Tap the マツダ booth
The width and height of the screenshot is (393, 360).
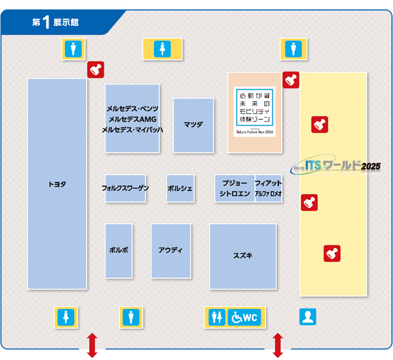tap(193, 125)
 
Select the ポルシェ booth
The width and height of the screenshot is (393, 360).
tap(180, 188)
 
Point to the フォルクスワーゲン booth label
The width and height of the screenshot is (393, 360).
tap(125, 188)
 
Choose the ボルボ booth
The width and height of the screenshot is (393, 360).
tap(119, 250)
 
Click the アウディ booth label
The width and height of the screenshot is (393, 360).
tap(170, 250)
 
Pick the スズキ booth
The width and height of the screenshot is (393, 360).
tap(243, 255)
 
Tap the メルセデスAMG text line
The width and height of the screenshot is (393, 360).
tap(132, 119)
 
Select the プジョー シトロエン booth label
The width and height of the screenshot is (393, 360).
tap(235, 188)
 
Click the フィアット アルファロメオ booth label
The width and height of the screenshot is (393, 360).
tap(268, 188)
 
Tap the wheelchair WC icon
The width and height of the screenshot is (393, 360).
tap(244, 317)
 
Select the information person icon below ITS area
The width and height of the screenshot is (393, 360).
tap(308, 317)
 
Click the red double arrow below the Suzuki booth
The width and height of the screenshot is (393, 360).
tap(278, 345)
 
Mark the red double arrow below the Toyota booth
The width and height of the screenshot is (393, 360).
tap(92, 345)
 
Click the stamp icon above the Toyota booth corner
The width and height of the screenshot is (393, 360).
tap(95, 70)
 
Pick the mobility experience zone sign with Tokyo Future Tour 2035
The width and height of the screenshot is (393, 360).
tap(254, 112)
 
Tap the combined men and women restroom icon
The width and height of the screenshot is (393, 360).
tap(217, 317)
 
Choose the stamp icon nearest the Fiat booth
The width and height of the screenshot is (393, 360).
tap(309, 203)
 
